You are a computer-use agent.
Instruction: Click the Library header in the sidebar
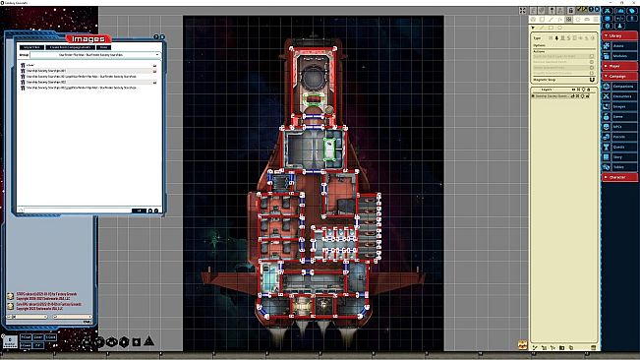(x=619, y=35)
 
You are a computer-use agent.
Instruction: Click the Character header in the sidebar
(x=619, y=177)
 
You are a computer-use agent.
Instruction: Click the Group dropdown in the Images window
(x=88, y=56)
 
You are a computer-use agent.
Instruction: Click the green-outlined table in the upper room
(x=329, y=148)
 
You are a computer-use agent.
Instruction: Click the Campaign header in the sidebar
(x=619, y=76)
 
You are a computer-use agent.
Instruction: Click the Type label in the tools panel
(x=538, y=37)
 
